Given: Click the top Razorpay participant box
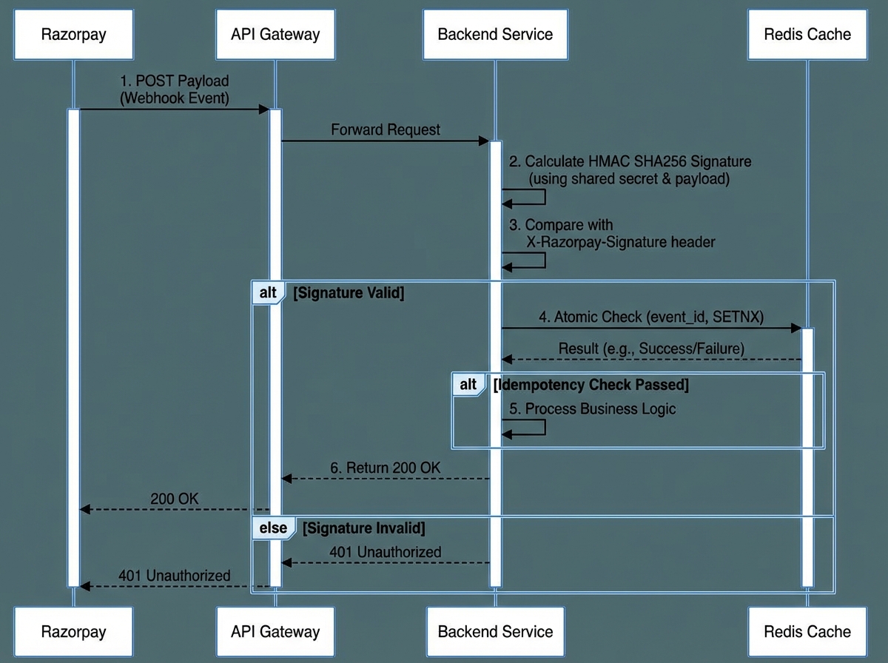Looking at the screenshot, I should click(73, 34).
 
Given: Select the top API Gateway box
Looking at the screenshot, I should click(275, 34).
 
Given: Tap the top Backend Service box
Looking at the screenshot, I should click(495, 34).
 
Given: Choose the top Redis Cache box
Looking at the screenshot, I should click(807, 34).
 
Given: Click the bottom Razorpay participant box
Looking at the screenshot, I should click(73, 631).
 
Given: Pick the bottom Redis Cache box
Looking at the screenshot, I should click(807, 631).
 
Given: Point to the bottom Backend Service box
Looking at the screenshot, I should click(495, 631).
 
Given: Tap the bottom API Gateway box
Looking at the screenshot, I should click(275, 631).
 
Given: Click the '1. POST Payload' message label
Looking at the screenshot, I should click(175, 81).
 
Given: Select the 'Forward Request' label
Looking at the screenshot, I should click(385, 130).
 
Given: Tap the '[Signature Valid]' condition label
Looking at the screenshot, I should click(349, 293).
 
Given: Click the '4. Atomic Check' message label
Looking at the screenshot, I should click(651, 317).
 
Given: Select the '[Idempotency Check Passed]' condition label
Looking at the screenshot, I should click(591, 385).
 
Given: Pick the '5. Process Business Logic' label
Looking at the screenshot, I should click(592, 408).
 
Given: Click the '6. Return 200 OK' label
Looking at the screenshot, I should click(385, 468).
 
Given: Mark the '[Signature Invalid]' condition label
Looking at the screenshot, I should click(364, 528).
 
